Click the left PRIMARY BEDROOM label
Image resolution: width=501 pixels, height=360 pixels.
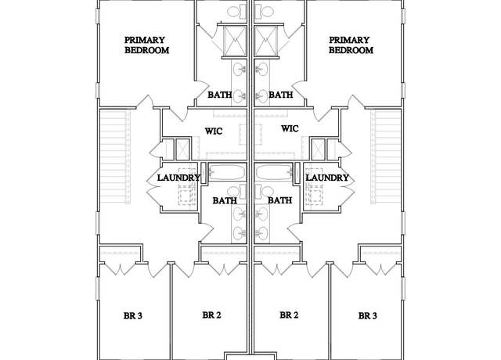pos(146,45)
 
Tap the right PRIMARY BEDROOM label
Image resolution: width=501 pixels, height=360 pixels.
pos(351,45)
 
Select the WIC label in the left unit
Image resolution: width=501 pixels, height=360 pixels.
pos(214,131)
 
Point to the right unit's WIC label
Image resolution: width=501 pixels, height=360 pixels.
pos(290,128)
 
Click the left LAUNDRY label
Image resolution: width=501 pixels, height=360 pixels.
pos(178,178)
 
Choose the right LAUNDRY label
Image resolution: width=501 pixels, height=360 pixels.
pos(327,178)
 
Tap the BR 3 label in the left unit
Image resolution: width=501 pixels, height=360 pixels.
pos(132,315)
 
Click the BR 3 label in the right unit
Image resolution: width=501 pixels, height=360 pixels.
pos(367,315)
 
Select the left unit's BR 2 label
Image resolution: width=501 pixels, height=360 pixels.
pos(211,315)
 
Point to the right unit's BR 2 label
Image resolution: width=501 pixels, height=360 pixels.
pos(289,315)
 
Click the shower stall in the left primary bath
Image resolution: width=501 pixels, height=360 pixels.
pos(235,41)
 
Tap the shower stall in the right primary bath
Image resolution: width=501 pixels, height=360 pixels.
pos(266,41)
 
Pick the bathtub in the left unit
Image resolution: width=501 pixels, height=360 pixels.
pos(227,172)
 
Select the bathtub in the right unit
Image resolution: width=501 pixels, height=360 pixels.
pos(274,172)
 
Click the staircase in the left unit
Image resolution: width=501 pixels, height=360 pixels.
pos(115,157)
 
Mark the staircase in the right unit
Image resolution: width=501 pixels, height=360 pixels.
pos(386,157)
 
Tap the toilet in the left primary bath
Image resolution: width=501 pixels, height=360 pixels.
pos(236,12)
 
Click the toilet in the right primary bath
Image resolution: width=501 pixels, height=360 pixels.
pos(265,12)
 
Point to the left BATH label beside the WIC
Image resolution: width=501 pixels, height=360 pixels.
pos(219,95)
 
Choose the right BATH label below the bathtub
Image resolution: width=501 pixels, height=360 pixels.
pos(280,200)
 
